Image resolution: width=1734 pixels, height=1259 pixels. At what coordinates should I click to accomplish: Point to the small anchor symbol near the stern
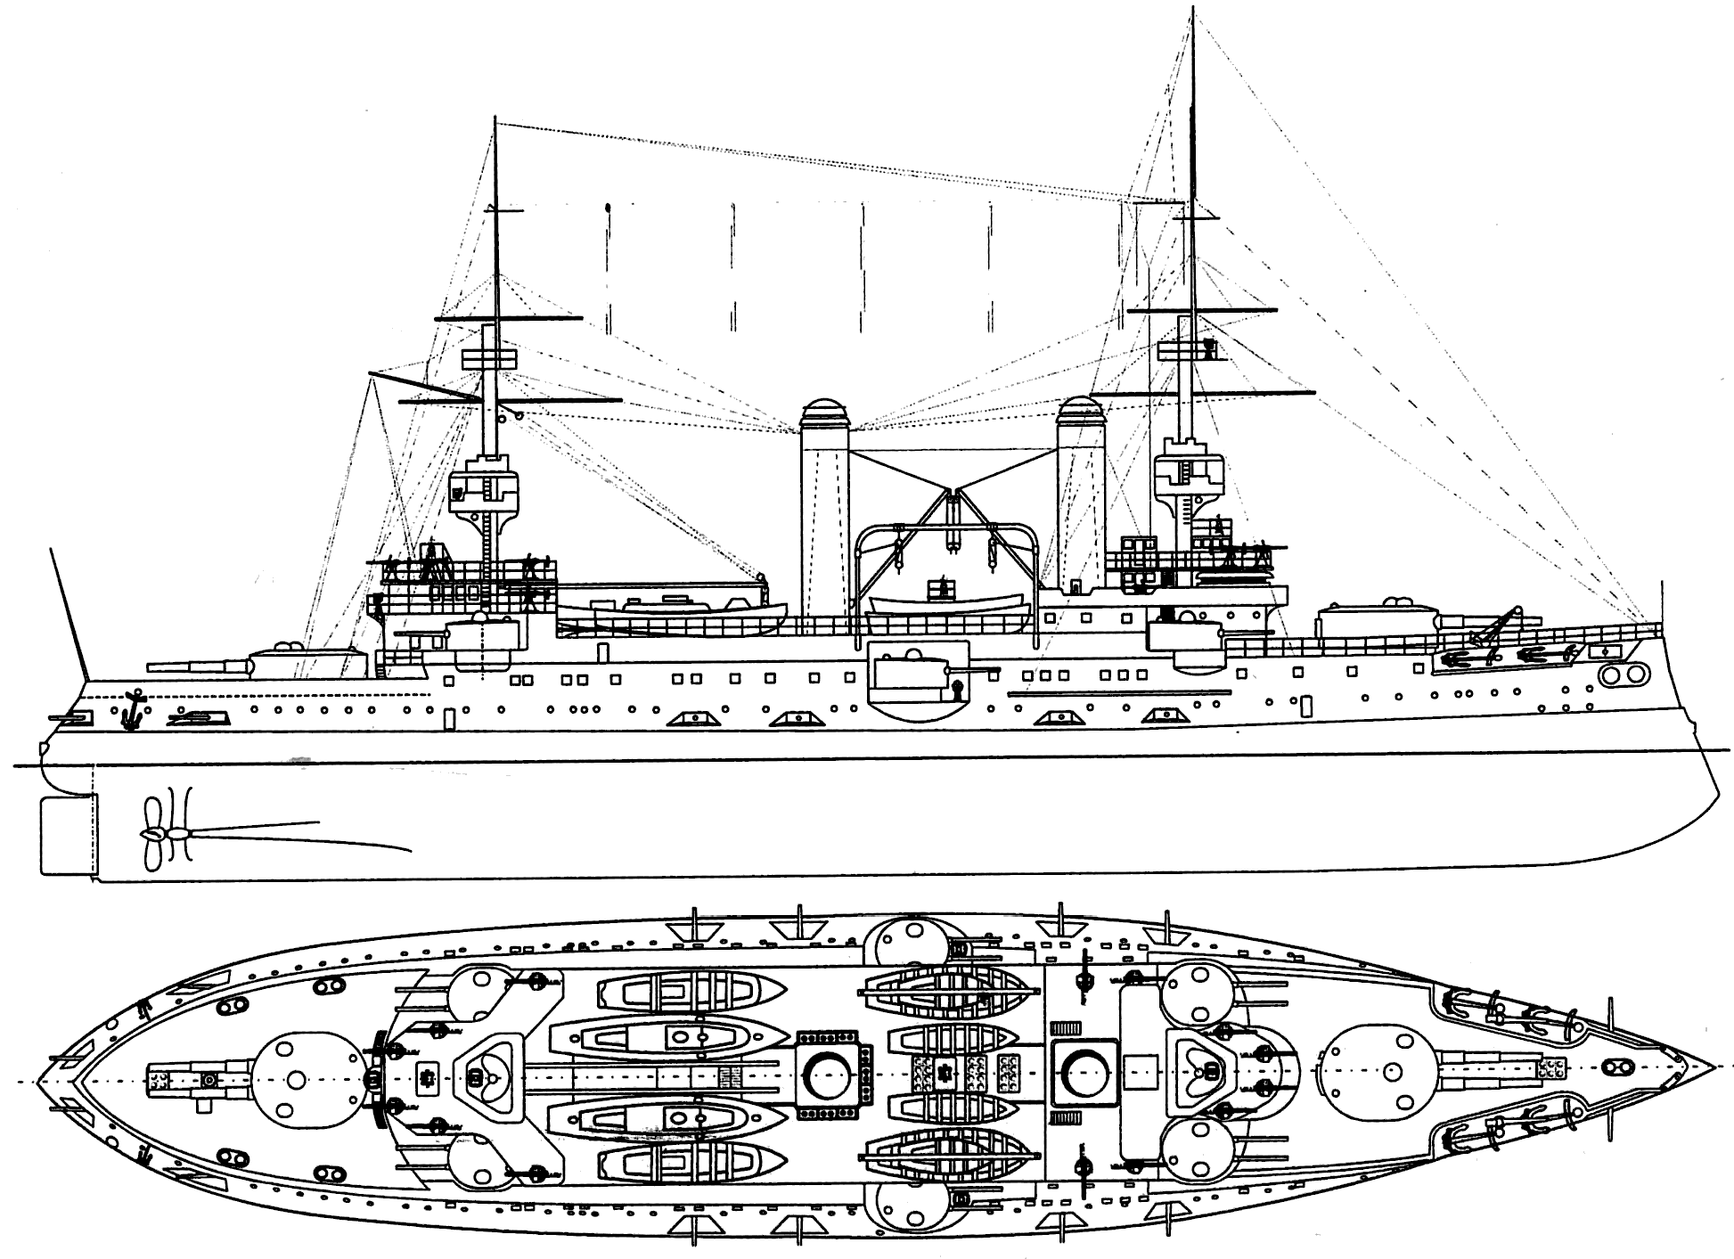(x=134, y=705)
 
